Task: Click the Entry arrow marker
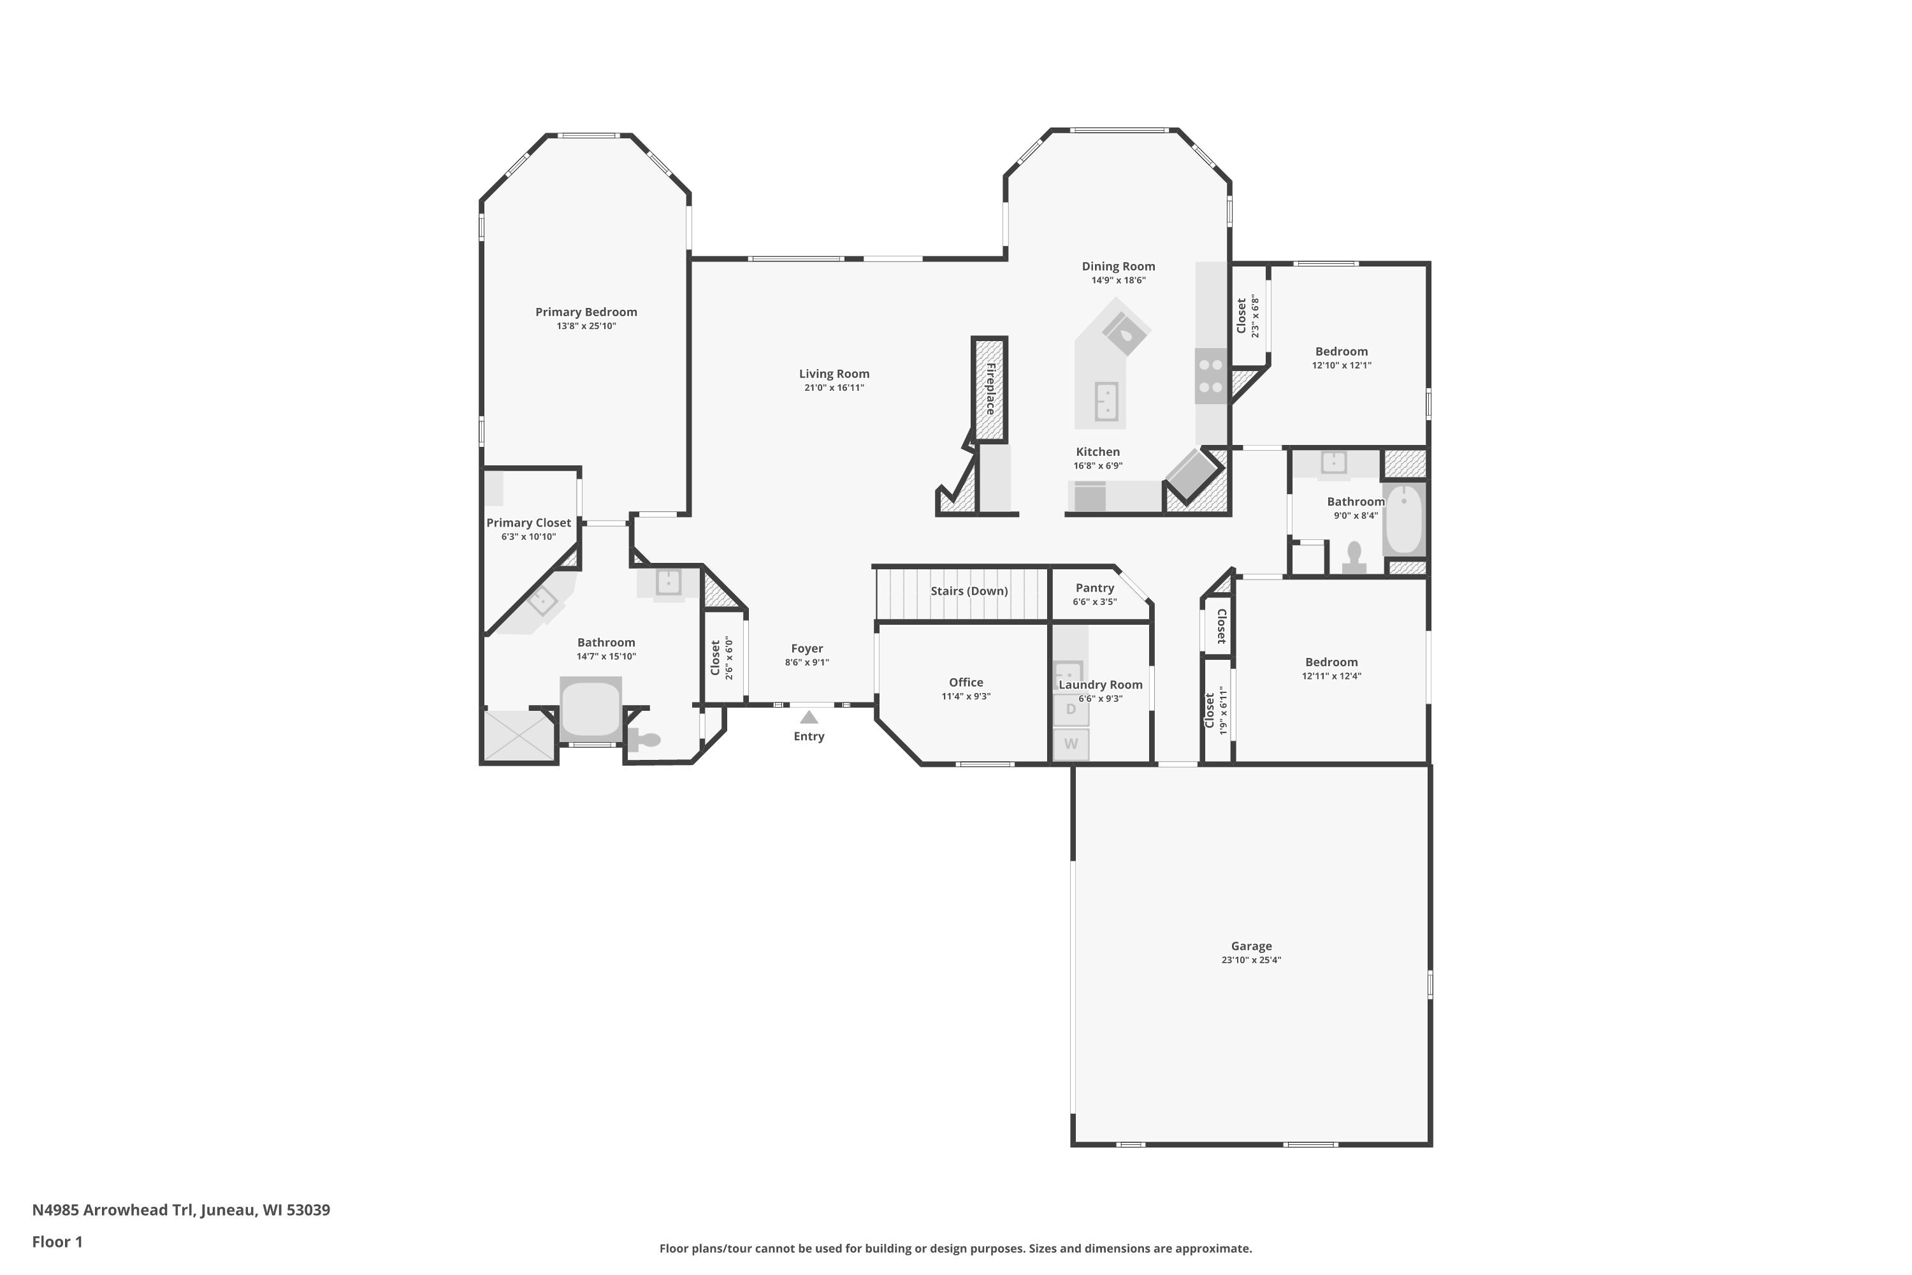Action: point(808,717)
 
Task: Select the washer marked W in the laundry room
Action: point(1071,744)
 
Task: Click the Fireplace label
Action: point(990,389)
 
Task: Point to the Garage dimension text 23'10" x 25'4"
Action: point(1250,960)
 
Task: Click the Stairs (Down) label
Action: point(969,591)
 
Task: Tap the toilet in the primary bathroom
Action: point(644,739)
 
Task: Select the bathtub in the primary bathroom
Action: point(591,709)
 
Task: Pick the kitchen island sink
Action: point(1106,401)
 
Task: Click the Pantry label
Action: point(1094,588)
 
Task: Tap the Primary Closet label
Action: point(528,523)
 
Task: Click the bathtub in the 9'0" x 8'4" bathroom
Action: point(1404,520)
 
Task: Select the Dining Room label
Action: point(1118,266)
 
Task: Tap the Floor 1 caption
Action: point(58,1242)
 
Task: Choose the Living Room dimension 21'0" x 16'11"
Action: point(834,388)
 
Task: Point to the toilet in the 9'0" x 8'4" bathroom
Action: point(1354,558)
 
